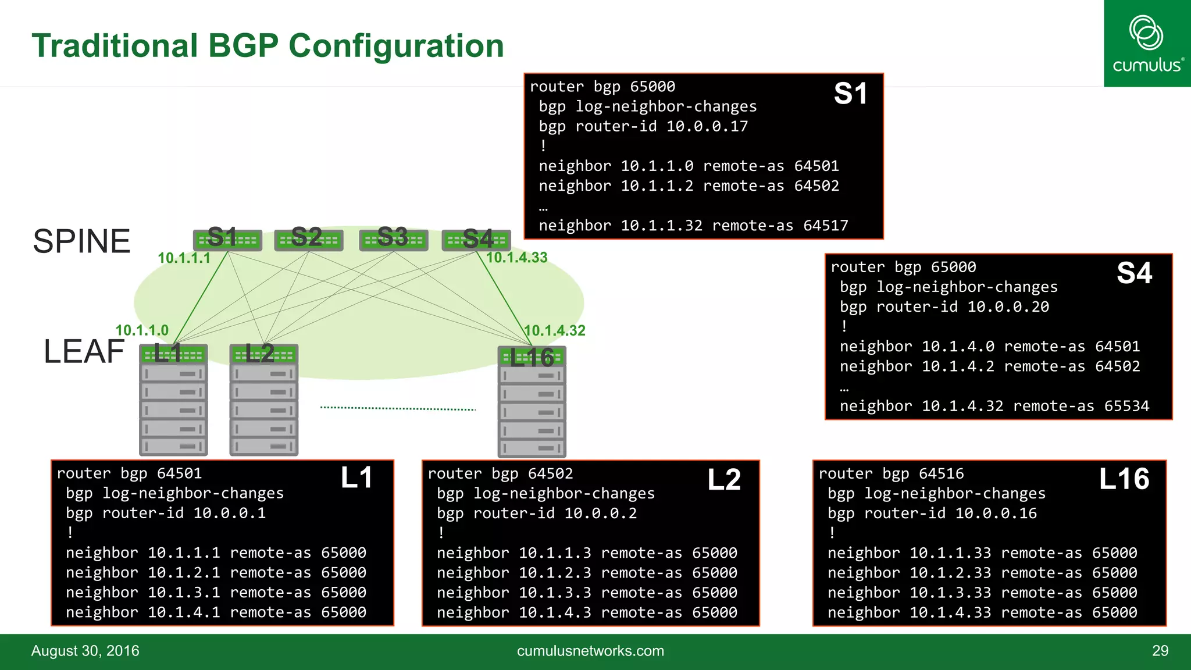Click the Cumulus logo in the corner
tap(1147, 44)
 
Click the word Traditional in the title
tap(115, 46)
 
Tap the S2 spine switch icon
tap(308, 240)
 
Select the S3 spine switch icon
tap(394, 240)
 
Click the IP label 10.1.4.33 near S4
tap(516, 258)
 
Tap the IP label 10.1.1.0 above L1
tap(142, 330)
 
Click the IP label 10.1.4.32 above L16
tap(554, 330)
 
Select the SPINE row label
tap(81, 241)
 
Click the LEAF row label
tap(84, 351)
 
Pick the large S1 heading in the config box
tap(850, 94)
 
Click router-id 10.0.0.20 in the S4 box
tap(1008, 307)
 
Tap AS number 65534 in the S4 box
tap(1126, 406)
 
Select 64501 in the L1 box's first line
tap(179, 473)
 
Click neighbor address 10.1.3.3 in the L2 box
tap(555, 593)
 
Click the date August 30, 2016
tap(85, 651)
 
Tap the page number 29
tap(1160, 651)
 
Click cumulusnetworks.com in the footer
tap(590, 651)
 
